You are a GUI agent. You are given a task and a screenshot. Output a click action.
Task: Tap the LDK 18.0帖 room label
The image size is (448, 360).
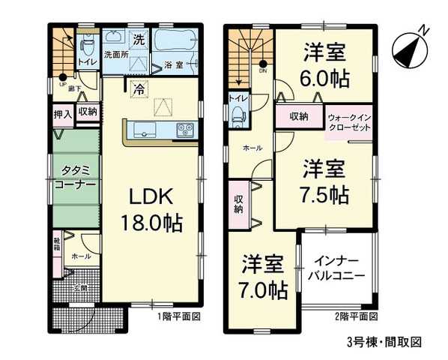153,209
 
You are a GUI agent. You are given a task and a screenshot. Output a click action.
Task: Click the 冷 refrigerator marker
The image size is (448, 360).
139,88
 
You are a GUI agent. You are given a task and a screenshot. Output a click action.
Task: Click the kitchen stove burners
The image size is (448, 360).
184,131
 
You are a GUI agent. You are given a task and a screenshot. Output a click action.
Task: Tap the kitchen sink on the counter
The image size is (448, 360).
143,131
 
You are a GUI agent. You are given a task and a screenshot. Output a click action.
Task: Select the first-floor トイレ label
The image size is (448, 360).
86,61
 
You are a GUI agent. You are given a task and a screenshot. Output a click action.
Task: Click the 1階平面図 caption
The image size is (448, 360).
178,316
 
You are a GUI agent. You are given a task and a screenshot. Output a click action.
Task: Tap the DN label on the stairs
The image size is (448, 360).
262,71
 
